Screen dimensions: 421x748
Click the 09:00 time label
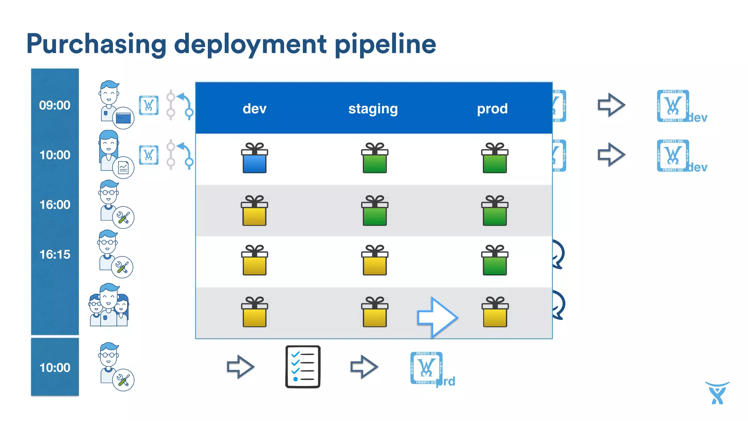[55, 105]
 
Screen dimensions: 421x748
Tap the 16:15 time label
[55, 254]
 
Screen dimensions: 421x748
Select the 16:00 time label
[55, 205]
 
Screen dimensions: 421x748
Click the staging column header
[373, 109]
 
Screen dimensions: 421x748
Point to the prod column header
[492, 109]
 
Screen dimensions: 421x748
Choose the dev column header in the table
[255, 109]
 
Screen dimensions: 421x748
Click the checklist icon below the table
[303, 367]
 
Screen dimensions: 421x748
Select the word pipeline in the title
[385, 44]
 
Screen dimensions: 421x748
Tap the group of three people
[109, 305]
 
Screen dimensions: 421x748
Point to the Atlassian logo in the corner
[717, 393]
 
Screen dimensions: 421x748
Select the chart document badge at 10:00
[123, 168]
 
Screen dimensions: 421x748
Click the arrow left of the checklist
[240, 367]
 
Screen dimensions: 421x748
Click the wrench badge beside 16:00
[123, 218]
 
